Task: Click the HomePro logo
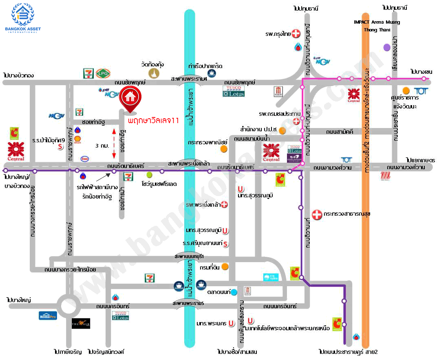pyautogui.click(x=48, y=315)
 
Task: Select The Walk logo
pyautogui.click(x=81, y=324)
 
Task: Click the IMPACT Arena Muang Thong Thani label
pyautogui.click(x=377, y=26)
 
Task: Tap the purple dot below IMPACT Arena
pyautogui.click(x=387, y=47)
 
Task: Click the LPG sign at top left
pyautogui.click(x=101, y=73)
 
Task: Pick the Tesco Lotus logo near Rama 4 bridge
pyautogui.click(x=234, y=91)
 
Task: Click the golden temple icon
pyautogui.click(x=154, y=73)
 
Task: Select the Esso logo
pyautogui.click(x=85, y=159)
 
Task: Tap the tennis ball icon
pyautogui.click(x=149, y=174)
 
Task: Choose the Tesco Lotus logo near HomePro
pyautogui.click(x=121, y=315)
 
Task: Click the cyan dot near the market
pyautogui.click(x=234, y=292)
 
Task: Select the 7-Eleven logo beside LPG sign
pyautogui.click(x=88, y=73)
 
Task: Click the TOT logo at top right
pyautogui.click(x=420, y=91)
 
